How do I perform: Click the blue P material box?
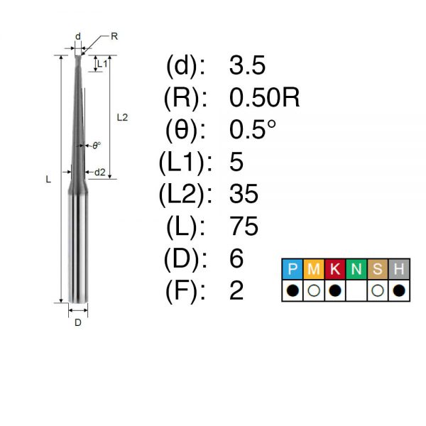pos(293,269)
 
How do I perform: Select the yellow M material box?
pos(314,269)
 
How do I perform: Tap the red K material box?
pos(335,269)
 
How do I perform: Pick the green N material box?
pos(356,269)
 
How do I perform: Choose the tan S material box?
pos(378,269)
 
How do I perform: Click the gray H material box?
pos(399,269)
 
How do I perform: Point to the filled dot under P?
pos(293,290)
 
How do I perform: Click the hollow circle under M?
pos(314,290)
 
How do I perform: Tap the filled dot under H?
pos(399,290)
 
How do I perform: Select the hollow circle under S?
pos(378,290)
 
